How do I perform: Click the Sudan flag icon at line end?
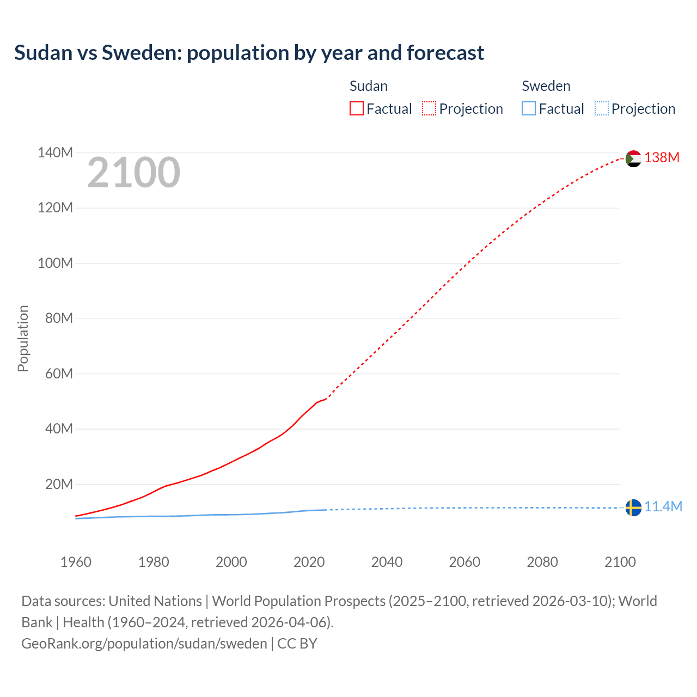coord(633,158)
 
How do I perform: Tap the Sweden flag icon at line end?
coord(633,508)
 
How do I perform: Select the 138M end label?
coord(662,158)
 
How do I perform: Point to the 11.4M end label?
coord(663,507)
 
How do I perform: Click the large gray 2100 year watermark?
coord(133,173)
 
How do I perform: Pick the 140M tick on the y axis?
coord(55,153)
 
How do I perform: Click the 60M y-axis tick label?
coord(58,374)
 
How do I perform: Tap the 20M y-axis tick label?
coord(58,484)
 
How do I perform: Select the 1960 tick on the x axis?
coord(76,562)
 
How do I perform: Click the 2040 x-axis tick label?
coord(387,562)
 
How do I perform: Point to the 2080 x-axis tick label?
coord(542,562)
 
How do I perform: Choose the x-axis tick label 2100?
coord(620,562)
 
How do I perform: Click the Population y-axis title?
coord(23,338)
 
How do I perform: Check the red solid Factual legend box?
coord(356,109)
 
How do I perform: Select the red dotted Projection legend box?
coord(429,109)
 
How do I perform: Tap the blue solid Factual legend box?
coord(528,109)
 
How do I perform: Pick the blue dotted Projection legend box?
coord(601,109)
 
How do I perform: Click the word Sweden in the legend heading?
coord(546,86)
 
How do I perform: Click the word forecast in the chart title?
coord(445,53)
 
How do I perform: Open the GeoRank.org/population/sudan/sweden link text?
coord(144,644)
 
